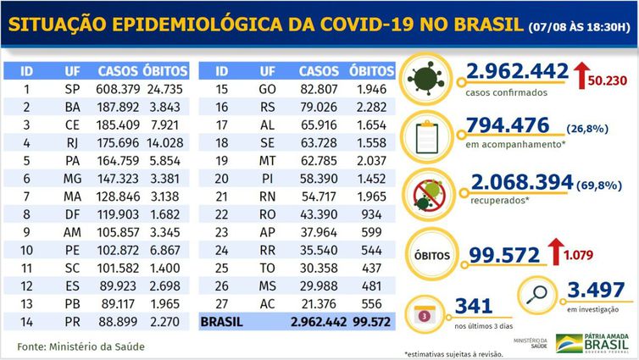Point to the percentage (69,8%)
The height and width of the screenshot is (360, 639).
pos(604,183)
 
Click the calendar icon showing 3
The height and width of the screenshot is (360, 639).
pos(425,313)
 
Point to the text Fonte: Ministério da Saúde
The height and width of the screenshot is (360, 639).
pos(80,346)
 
